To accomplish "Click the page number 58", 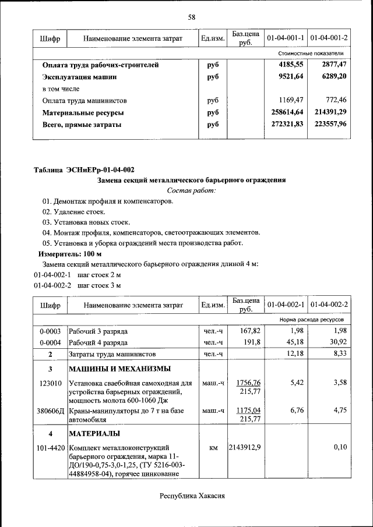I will click(x=191, y=17).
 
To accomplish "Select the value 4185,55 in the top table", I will click(x=291, y=65).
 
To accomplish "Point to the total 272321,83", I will click(x=287, y=124).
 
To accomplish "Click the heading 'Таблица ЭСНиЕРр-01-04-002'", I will click(x=85, y=170).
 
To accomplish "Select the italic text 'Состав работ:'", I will click(x=191, y=190).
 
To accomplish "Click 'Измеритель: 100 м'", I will click(x=70, y=254).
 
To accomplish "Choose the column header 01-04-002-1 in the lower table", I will click(x=286, y=305).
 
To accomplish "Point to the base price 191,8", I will click(x=245, y=342).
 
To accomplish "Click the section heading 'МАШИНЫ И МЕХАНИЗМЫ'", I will click(x=120, y=369).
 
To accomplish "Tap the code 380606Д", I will click(x=50, y=411).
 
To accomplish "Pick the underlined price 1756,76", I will click(x=248, y=383).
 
